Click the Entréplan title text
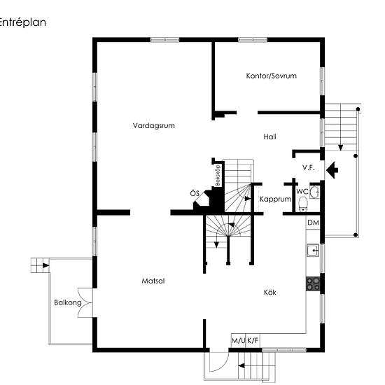point(22,22)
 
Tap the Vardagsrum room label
point(154,125)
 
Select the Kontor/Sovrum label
point(272,76)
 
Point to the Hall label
point(269,136)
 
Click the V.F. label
point(309,168)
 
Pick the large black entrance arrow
point(332,169)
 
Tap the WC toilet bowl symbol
point(304,204)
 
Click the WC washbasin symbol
point(314,192)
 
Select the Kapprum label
point(276,199)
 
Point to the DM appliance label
point(314,223)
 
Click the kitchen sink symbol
point(313,250)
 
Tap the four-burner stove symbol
point(313,283)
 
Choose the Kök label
point(269,292)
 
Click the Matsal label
point(153,281)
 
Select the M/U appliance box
point(239,341)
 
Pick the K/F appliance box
point(253,341)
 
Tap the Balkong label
point(68,302)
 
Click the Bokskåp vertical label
point(218,175)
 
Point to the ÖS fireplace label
point(195,193)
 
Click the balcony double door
point(85,302)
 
